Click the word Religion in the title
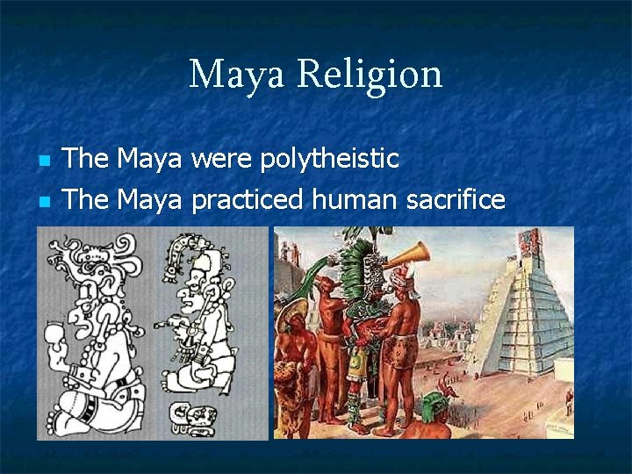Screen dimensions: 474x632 (370, 75)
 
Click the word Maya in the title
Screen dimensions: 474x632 (236, 75)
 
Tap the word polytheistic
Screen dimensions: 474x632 (329, 159)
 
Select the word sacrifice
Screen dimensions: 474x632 (456, 200)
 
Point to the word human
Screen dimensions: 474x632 (356, 200)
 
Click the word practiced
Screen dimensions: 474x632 (248, 200)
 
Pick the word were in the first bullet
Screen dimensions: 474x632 (221, 159)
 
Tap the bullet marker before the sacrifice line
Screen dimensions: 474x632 (45, 202)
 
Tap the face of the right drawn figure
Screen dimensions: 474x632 (190, 298)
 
